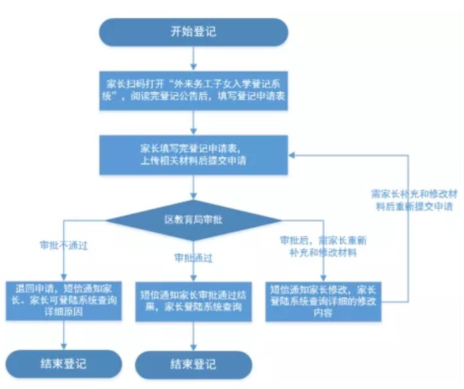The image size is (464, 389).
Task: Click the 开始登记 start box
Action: [193, 31]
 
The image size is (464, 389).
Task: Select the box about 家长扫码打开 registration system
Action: [193, 90]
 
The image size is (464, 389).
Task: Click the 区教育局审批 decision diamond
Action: [193, 219]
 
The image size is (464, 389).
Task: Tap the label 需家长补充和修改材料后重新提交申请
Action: [409, 199]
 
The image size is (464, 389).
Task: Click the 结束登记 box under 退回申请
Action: [64, 363]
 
